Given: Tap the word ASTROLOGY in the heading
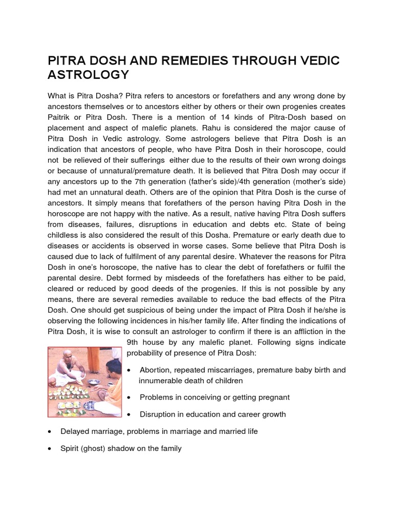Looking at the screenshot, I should (x=89, y=75).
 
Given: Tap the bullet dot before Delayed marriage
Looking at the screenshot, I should (x=50, y=432).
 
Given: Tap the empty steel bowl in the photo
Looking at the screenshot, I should (x=93, y=382).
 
